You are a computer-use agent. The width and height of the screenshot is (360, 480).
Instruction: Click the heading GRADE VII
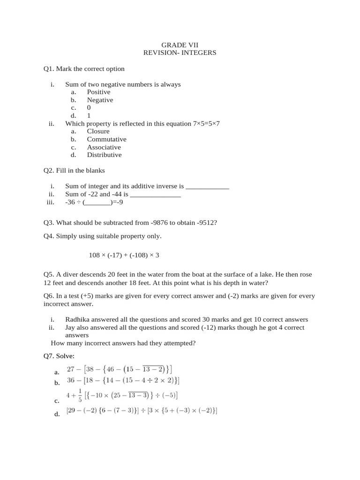click(180, 45)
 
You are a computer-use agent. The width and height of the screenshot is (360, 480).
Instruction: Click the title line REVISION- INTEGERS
click(180, 53)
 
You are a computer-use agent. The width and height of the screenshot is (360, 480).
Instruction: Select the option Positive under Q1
click(98, 92)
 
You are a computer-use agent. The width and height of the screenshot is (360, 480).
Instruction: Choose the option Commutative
click(106, 139)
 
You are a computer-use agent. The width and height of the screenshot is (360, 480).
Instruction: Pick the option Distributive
click(104, 155)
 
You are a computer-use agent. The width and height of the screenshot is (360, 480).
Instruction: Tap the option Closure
click(98, 132)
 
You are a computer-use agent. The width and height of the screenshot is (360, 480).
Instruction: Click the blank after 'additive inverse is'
click(207, 187)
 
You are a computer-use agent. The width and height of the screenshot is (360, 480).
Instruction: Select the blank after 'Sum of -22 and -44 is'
click(155, 195)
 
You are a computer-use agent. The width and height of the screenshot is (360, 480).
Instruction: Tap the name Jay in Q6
click(71, 328)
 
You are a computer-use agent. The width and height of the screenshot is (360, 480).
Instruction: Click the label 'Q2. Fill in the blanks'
click(74, 171)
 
